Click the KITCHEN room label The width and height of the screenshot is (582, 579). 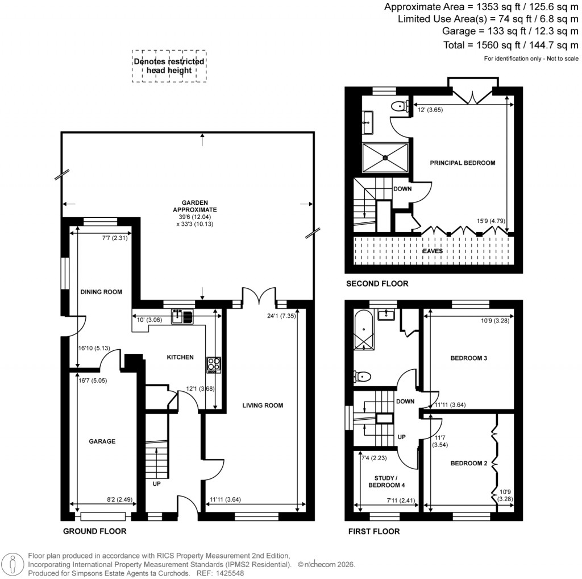tap(180, 358)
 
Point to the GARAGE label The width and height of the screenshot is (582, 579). tap(102, 441)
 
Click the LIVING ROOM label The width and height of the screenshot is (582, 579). tap(263, 406)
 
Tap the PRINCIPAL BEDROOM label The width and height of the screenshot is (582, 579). tap(462, 163)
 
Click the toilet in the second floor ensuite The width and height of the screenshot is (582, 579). tap(401, 105)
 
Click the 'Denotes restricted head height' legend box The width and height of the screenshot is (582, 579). tap(169, 66)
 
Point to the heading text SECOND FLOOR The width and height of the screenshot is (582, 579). tap(376, 284)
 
